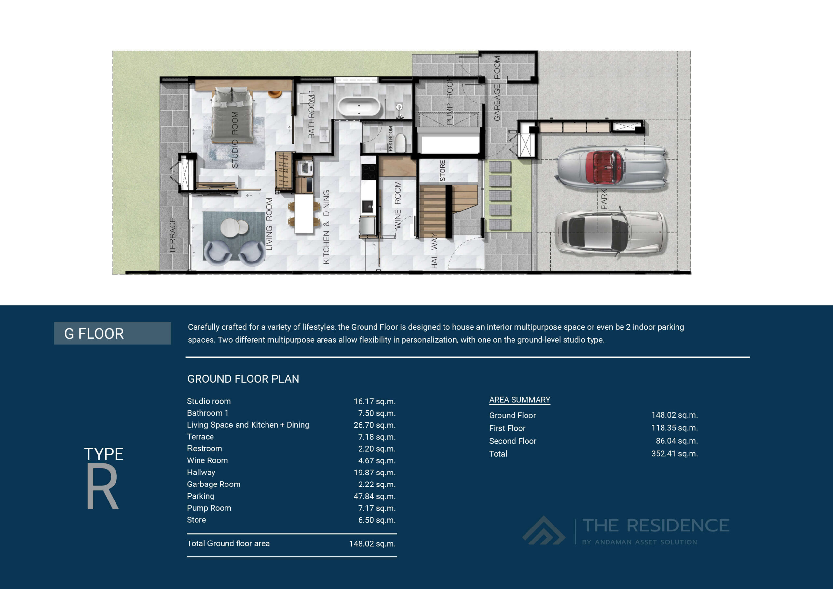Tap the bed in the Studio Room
click(x=232, y=116)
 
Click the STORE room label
click(x=442, y=171)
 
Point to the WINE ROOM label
click(x=398, y=205)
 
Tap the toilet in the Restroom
click(x=400, y=143)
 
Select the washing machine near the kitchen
click(x=305, y=168)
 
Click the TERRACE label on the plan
click(x=173, y=235)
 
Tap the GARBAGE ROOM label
click(x=497, y=88)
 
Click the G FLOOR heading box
click(x=113, y=333)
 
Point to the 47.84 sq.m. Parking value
click(x=375, y=496)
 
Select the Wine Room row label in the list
click(x=207, y=460)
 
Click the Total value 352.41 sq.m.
click(x=674, y=454)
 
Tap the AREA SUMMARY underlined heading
click(x=519, y=400)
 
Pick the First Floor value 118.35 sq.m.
click(x=674, y=428)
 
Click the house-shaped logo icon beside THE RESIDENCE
click(x=543, y=531)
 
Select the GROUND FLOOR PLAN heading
click(x=243, y=379)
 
